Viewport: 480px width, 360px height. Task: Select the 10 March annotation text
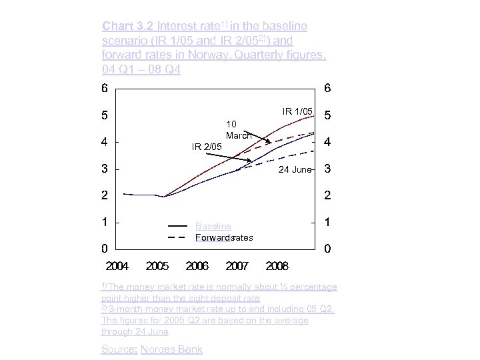239,129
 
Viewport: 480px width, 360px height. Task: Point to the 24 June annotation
295,169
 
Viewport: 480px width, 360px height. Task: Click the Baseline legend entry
213,227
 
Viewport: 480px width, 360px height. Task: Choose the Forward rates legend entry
224,237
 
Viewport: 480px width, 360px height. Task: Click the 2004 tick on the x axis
117,267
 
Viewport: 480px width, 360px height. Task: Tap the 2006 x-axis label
197,267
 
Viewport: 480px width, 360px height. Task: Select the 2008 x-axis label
277,267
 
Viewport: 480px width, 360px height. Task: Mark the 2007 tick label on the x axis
237,267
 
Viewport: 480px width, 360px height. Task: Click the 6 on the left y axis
105,88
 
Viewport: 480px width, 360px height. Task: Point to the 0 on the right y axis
327,249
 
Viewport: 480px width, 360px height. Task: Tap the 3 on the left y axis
105,169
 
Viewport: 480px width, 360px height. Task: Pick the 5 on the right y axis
327,115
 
